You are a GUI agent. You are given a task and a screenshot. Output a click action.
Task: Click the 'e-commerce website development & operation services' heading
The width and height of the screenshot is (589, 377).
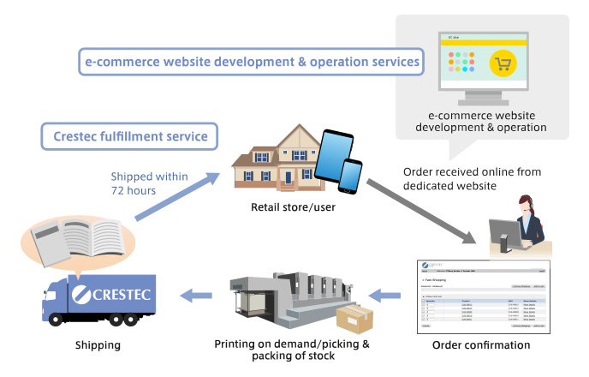(x=251, y=62)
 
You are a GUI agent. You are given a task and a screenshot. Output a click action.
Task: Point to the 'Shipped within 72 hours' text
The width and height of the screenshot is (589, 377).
(x=149, y=183)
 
